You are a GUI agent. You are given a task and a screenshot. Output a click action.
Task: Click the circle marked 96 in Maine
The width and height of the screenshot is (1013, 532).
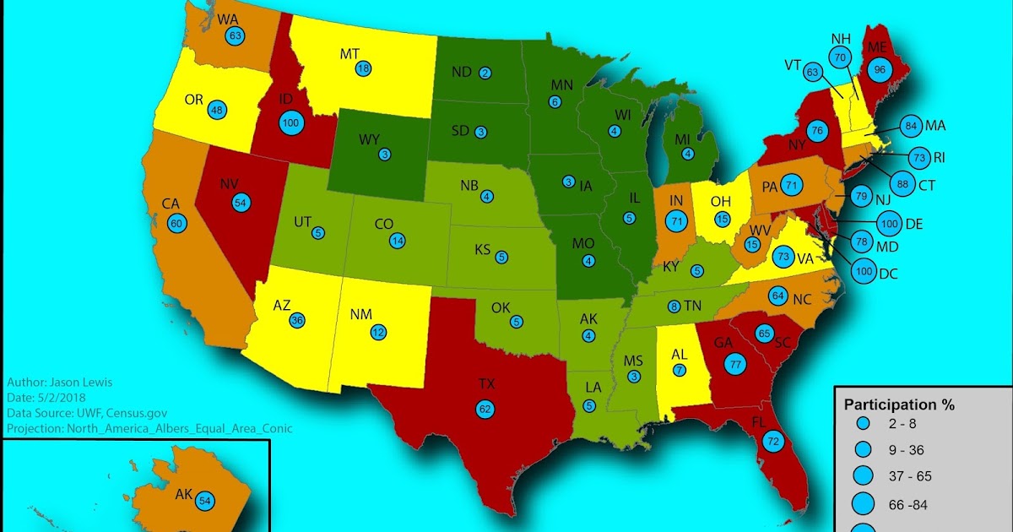coord(879,71)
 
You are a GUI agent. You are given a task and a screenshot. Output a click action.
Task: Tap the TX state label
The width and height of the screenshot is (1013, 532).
coord(486,384)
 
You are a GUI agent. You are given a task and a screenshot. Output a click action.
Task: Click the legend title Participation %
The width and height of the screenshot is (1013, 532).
coord(899,405)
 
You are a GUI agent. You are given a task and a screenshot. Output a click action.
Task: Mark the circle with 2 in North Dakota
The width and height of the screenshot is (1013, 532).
coord(485,73)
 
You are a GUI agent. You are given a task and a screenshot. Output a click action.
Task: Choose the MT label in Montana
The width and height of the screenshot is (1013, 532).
coord(349,54)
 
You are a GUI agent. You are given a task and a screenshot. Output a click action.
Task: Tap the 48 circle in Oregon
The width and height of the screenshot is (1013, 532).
coord(218,110)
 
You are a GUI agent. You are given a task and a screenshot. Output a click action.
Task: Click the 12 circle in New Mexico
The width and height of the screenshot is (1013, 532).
coord(378,332)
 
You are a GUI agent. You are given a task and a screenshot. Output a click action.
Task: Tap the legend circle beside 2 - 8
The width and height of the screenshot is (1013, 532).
coord(862,422)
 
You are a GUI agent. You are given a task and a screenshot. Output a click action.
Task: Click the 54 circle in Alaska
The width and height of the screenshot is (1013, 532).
coord(204,501)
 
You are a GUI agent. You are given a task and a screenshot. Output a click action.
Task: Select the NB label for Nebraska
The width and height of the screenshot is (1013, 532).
coord(470,186)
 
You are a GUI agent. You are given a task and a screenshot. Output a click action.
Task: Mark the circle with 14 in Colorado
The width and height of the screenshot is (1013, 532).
coord(397,241)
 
